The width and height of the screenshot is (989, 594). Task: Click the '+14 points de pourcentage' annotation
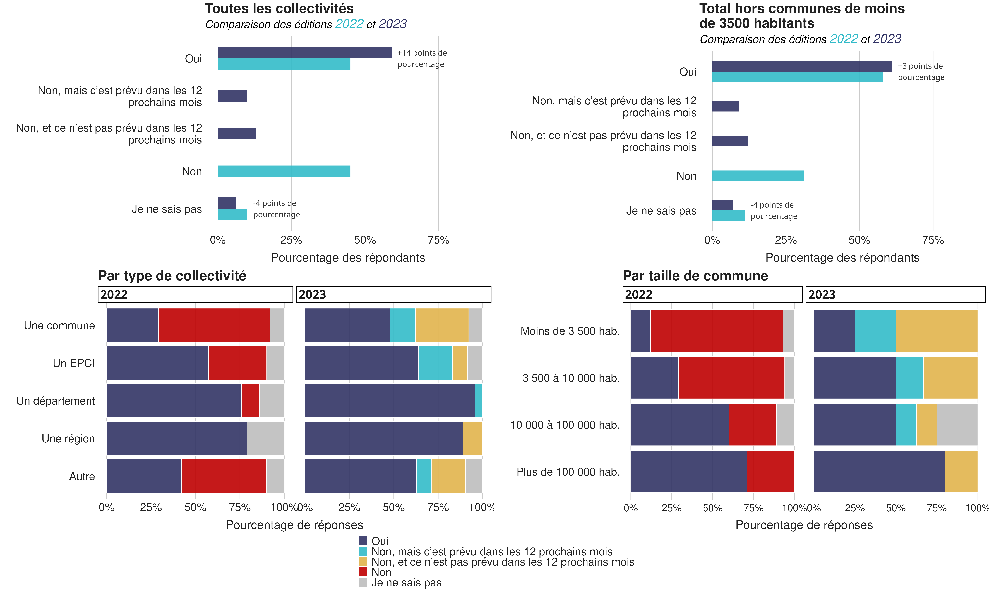(x=422, y=58)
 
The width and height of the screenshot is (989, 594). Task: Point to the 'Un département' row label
(x=56, y=401)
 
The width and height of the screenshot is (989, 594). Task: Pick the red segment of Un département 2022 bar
(x=250, y=401)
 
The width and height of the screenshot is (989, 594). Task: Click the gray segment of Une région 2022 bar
(x=265, y=438)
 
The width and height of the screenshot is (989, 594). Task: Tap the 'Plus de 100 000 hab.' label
(x=568, y=472)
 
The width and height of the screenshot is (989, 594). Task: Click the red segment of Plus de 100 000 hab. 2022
(x=770, y=472)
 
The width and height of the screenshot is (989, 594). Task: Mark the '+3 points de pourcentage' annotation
(x=921, y=72)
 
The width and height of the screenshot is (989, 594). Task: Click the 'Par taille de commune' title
(x=695, y=276)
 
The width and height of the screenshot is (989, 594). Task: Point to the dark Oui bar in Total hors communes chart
(x=801, y=66)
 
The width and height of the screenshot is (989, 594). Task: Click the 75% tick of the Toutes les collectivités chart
(x=439, y=240)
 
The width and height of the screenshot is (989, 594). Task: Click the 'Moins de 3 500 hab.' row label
(x=570, y=331)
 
